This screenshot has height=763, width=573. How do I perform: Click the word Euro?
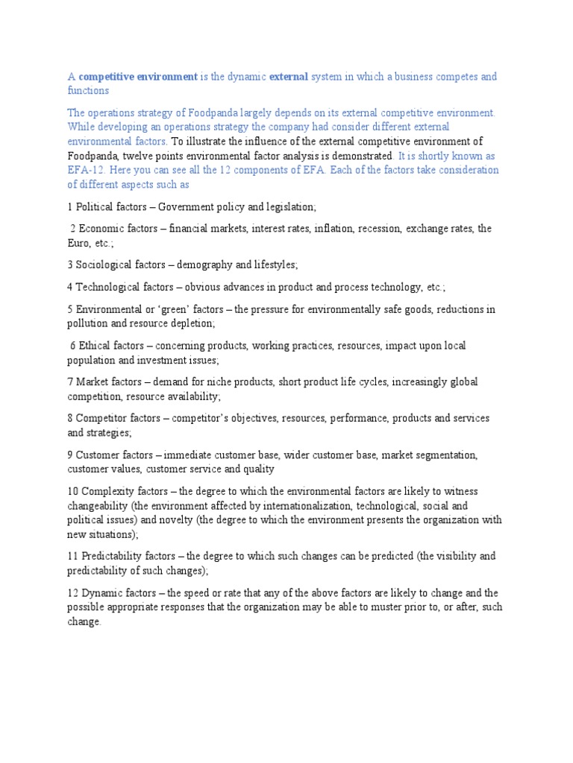[79, 242]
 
